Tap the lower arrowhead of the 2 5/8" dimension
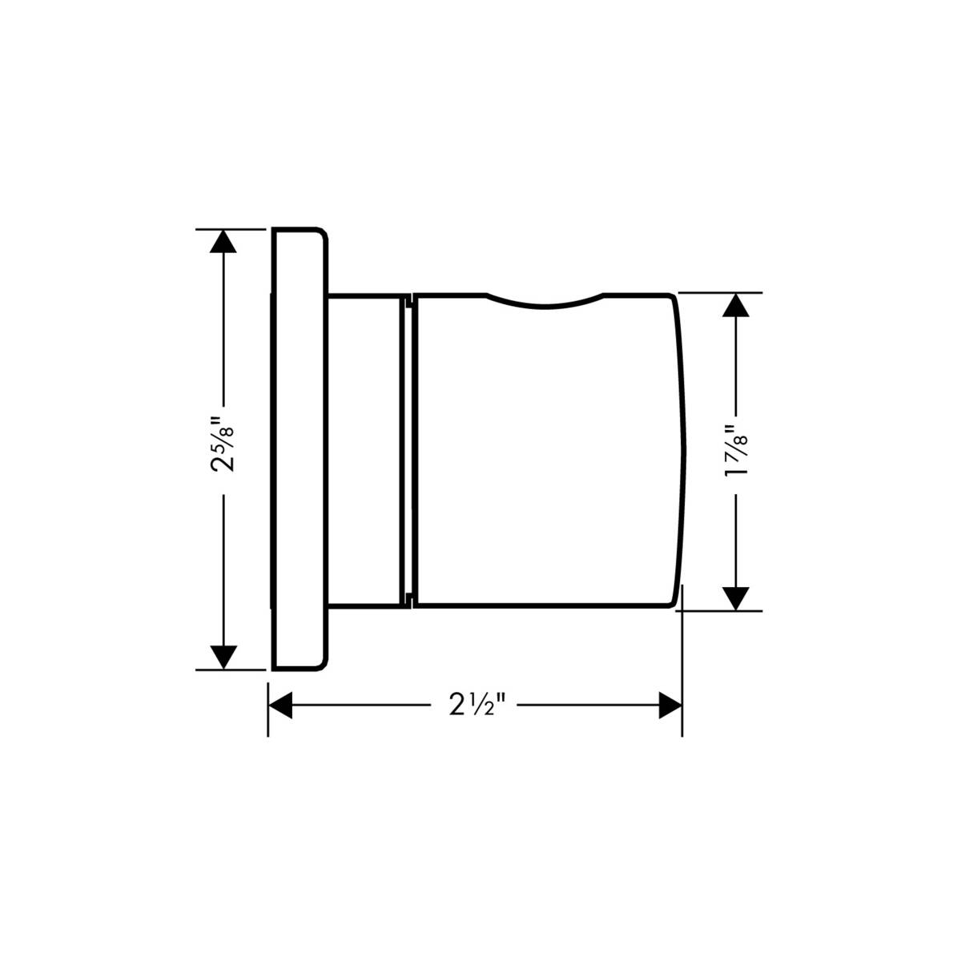click(x=223, y=656)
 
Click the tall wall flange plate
click(x=299, y=448)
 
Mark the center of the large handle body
click(x=545, y=452)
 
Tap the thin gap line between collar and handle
click(x=409, y=448)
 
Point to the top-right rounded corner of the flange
click(x=323, y=235)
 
